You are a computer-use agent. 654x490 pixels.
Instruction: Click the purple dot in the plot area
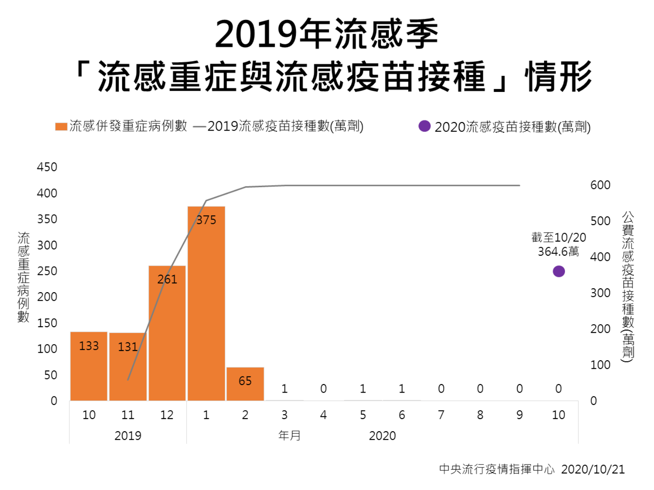pyautogui.click(x=559, y=271)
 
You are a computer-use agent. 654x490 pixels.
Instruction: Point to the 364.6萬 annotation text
pyautogui.click(x=558, y=251)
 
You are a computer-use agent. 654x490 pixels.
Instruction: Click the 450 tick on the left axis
pyautogui.click(x=47, y=167)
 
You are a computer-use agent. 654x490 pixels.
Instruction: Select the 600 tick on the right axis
pyautogui.click(x=600, y=185)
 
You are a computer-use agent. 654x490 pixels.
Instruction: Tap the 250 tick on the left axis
pyautogui.click(x=47, y=271)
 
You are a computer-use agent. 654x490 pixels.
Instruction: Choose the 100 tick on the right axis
pyautogui.click(x=600, y=365)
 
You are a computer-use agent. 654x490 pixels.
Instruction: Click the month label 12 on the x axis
pyautogui.click(x=167, y=415)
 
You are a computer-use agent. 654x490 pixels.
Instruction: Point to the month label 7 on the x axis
pyautogui.click(x=441, y=415)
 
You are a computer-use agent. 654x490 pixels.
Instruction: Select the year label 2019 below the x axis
pyautogui.click(x=128, y=436)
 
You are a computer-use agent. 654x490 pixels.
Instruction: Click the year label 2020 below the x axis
pyautogui.click(x=382, y=436)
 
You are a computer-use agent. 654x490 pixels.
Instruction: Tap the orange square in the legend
pyautogui.click(x=61, y=127)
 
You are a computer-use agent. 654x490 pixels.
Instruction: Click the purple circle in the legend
pyautogui.click(x=425, y=126)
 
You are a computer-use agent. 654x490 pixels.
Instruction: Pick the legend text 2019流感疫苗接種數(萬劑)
pyautogui.click(x=285, y=126)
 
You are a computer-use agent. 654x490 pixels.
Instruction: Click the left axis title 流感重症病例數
pyautogui.click(x=23, y=277)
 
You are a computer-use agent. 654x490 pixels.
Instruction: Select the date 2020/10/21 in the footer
pyautogui.click(x=593, y=469)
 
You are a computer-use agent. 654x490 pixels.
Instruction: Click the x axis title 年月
pyautogui.click(x=290, y=436)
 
